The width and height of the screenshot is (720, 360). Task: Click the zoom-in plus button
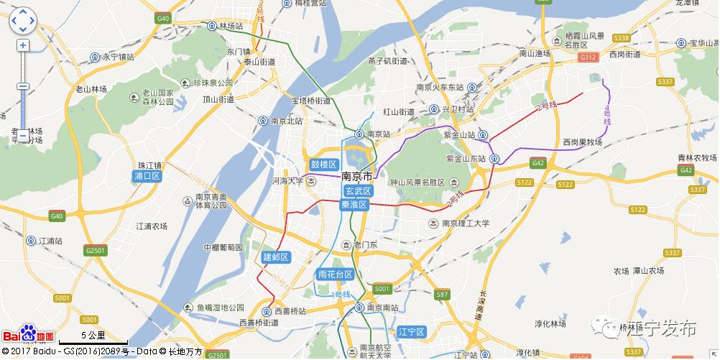[x=23, y=45]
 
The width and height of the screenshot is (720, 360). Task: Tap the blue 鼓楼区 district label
[x=323, y=165]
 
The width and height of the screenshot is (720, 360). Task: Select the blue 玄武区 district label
[x=356, y=191]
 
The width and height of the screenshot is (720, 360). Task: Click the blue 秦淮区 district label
[x=354, y=205]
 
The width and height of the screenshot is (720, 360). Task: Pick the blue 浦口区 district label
[x=147, y=176]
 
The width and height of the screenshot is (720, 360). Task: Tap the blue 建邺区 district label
[x=275, y=257]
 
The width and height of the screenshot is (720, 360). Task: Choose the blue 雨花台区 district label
[x=335, y=274]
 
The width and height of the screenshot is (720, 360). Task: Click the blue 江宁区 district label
[x=412, y=331]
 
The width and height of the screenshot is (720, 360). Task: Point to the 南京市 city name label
[x=357, y=177]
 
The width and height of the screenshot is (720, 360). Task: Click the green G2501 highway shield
[x=95, y=250]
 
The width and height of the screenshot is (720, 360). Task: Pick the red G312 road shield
[x=589, y=56]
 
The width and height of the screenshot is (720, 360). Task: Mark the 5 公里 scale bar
[x=93, y=336]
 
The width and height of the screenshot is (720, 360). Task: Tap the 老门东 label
[x=371, y=245]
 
